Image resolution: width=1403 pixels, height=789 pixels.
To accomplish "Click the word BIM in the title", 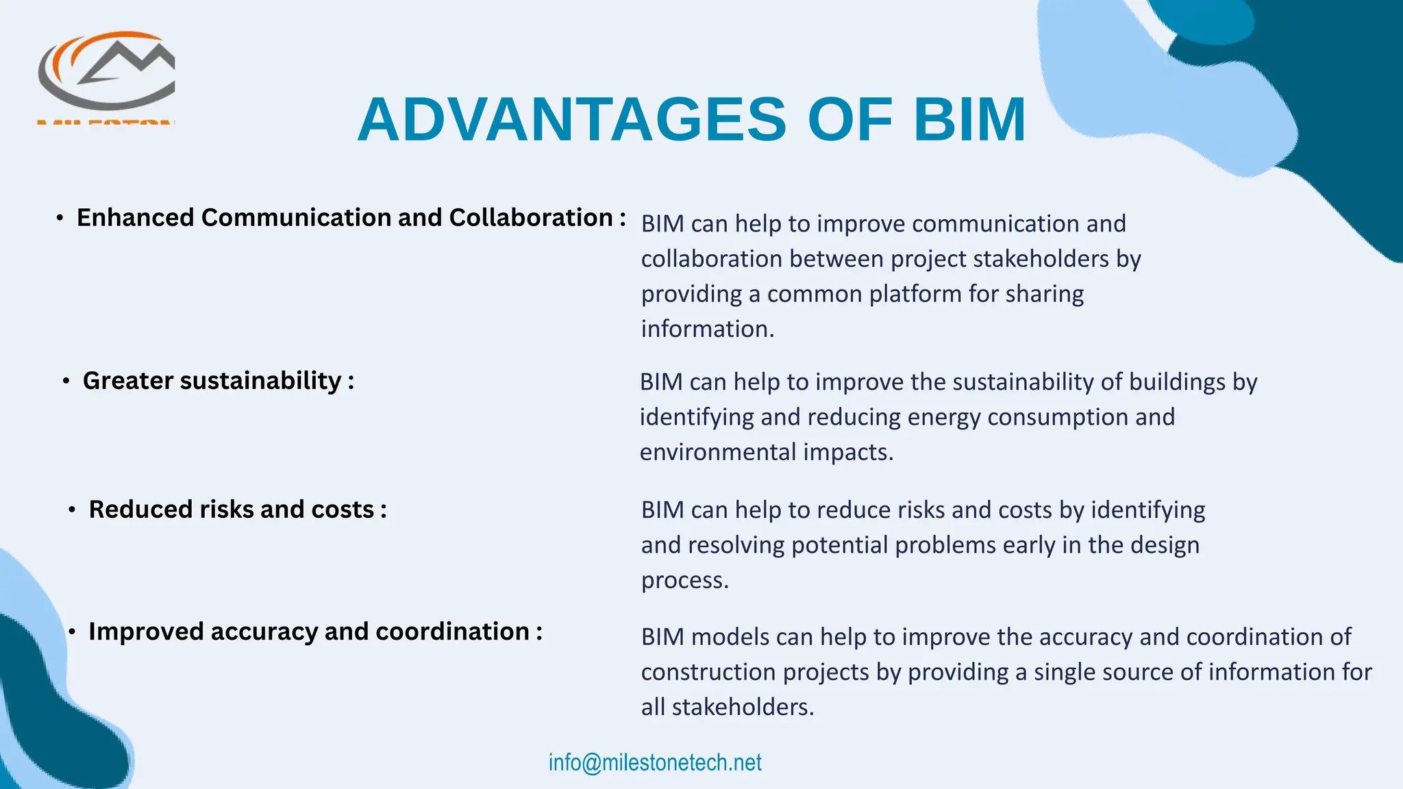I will [x=969, y=120].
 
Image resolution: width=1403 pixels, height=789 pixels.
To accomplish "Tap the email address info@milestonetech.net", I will [x=655, y=762].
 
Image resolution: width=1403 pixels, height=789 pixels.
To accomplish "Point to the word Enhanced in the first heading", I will [x=136, y=218].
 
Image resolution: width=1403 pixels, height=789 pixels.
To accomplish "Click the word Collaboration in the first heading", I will [x=530, y=218].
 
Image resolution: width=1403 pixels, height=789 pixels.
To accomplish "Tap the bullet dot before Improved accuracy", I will [x=72, y=632].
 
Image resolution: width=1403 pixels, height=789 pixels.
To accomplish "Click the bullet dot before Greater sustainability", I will [x=66, y=381].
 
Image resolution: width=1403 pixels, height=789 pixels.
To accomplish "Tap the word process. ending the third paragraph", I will [x=684, y=581].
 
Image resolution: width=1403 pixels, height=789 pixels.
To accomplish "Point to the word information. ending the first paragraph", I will [x=707, y=329].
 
